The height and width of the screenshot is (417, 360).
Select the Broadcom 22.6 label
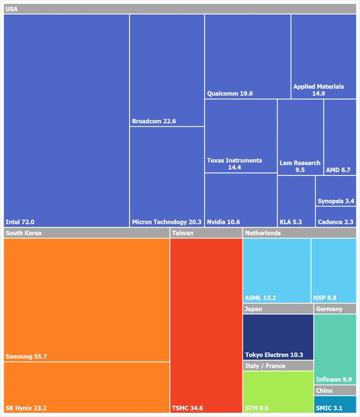point(154,121)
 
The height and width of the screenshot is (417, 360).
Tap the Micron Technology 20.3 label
point(167,222)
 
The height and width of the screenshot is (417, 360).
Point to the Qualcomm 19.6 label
point(230,94)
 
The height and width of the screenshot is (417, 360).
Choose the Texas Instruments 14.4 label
point(234,164)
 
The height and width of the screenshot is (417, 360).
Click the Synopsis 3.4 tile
point(335,191)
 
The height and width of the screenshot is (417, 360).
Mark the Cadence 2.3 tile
point(335,216)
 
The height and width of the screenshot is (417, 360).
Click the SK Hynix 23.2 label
point(26,408)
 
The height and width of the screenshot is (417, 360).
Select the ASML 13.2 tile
point(277,270)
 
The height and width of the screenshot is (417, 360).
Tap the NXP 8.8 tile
point(334,270)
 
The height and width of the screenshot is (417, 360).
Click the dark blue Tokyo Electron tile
point(278,337)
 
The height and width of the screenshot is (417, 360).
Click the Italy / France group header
point(266,366)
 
